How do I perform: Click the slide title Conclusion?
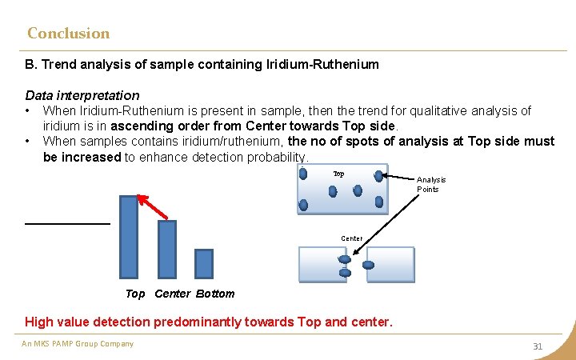tap(68, 34)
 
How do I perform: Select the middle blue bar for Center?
tap(167, 249)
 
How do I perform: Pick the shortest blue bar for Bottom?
tap(204, 263)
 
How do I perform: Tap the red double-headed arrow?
tap(152, 206)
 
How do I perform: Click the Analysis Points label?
tap(431, 185)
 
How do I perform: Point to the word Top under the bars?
tap(135, 294)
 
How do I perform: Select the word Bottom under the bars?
tap(215, 294)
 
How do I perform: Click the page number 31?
tap(538, 346)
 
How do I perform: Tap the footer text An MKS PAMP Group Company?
tap(78, 344)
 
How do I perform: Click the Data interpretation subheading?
tap(82, 95)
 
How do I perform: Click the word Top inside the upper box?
tap(338, 174)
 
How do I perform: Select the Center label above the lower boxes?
tap(351, 238)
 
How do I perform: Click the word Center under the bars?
tap(172, 294)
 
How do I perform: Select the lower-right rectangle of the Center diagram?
tap(390, 264)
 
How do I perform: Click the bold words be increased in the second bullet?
tap(82, 157)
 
